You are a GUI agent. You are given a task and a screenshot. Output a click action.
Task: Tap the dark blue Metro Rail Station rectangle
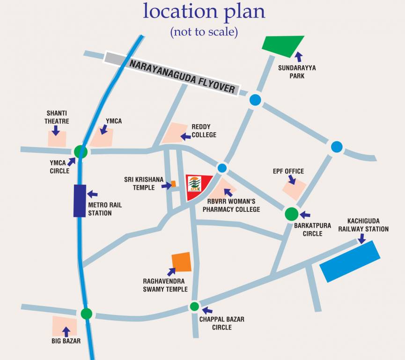(x=80, y=201)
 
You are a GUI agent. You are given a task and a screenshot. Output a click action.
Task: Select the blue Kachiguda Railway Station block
(x=350, y=261)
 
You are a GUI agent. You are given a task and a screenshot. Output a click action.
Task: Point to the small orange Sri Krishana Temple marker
(x=173, y=184)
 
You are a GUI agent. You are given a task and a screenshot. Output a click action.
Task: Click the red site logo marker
(x=197, y=187)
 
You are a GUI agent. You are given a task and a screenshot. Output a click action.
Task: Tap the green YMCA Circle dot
(x=81, y=151)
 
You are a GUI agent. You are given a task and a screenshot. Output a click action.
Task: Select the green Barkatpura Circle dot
(x=291, y=214)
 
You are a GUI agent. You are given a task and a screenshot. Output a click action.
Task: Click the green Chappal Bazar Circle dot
(x=194, y=307)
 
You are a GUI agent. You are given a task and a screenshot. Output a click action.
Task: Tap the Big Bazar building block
(x=64, y=325)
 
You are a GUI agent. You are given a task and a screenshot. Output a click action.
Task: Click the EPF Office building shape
(x=295, y=188)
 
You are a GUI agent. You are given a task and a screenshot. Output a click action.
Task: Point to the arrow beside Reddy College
(x=186, y=136)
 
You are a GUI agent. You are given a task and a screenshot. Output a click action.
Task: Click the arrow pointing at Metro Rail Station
(x=92, y=194)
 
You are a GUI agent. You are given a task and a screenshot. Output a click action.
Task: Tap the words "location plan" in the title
(x=204, y=11)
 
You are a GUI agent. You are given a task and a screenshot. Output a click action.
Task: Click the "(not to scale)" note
(x=204, y=32)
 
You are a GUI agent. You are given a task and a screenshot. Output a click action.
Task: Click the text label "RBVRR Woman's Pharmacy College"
(x=231, y=206)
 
